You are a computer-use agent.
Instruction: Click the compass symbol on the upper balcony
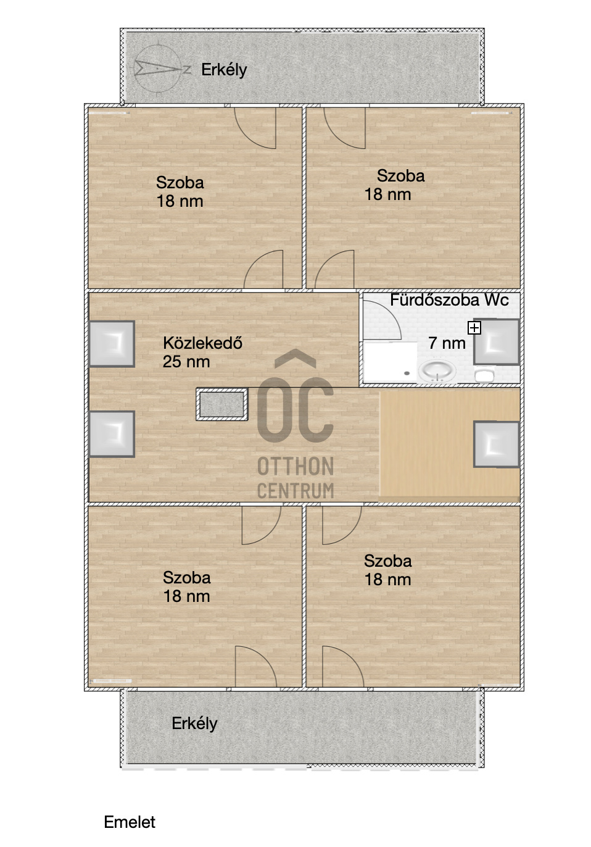click(x=159, y=69)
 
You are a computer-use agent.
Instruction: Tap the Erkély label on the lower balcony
click(x=194, y=724)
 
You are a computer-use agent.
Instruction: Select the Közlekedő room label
click(x=202, y=343)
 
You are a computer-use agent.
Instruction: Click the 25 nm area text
click(x=186, y=362)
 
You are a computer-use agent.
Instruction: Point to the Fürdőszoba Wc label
click(x=449, y=300)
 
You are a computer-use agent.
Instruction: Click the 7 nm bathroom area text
click(x=447, y=343)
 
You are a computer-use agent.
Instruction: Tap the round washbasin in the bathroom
click(x=437, y=370)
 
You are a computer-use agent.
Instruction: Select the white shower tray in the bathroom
click(x=391, y=362)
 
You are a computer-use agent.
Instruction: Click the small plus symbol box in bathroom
click(x=474, y=328)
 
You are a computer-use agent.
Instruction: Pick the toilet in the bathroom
click(x=484, y=374)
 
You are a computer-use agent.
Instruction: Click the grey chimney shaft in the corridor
click(x=222, y=404)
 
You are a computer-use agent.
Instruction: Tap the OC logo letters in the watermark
click(x=295, y=396)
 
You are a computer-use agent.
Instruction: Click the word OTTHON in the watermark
click(x=295, y=466)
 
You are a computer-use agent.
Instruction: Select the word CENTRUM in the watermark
click(x=295, y=490)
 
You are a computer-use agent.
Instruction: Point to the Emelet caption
click(x=130, y=822)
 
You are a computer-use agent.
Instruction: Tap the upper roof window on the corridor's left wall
click(x=112, y=344)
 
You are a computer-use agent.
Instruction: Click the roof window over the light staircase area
click(x=497, y=444)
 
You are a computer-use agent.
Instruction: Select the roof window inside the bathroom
click(x=497, y=342)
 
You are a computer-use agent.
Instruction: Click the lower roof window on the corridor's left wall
click(x=112, y=434)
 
